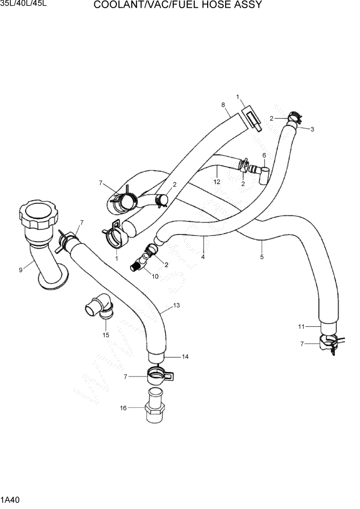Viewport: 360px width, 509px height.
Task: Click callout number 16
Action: click(123, 408)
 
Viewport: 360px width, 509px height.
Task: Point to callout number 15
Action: click(106, 335)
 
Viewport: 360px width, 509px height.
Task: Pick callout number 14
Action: click(185, 357)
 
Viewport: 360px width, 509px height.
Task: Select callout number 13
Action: click(176, 305)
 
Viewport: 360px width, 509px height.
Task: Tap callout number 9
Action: click(21, 270)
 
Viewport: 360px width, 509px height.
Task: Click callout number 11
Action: click(302, 326)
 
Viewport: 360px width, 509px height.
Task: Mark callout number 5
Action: click(262, 257)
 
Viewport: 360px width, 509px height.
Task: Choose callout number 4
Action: click(203, 257)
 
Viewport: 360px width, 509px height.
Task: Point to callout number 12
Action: click(217, 182)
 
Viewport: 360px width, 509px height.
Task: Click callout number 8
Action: click(224, 105)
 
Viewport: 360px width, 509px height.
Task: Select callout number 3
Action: click(312, 129)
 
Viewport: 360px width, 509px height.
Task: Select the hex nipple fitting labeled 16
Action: click(155, 408)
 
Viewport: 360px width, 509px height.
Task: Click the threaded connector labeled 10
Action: click(138, 265)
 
